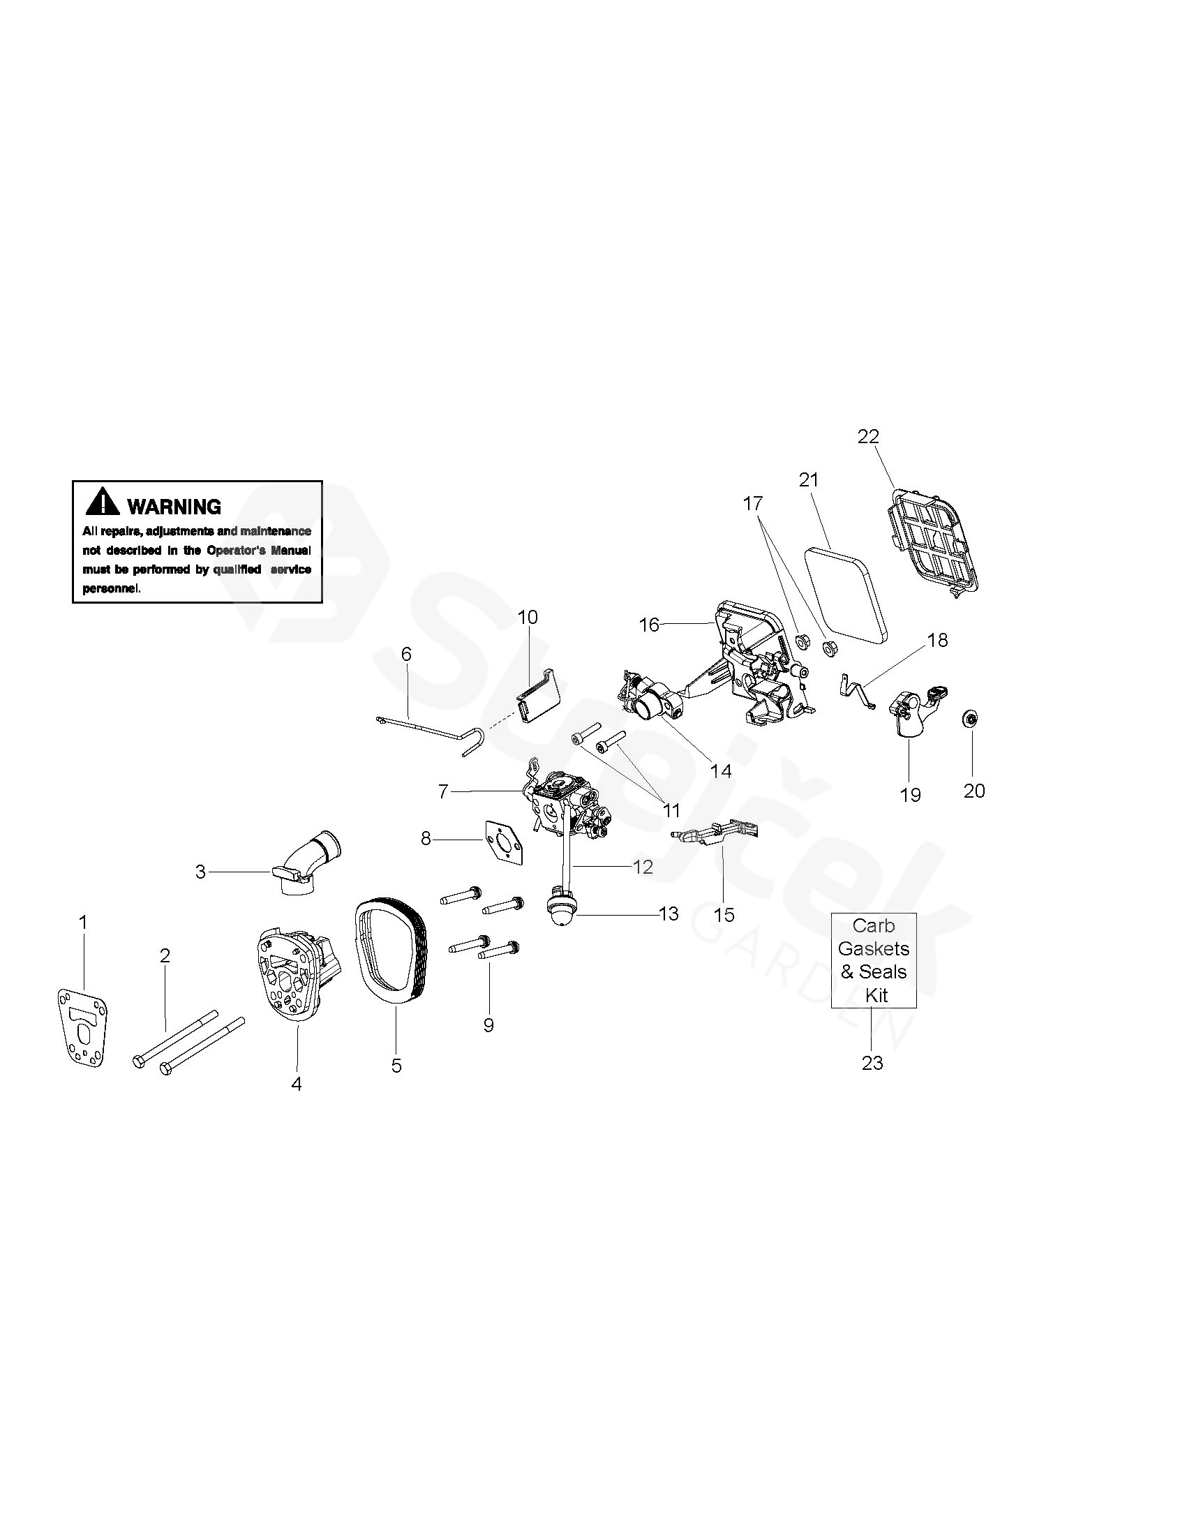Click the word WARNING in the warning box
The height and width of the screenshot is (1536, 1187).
(x=174, y=507)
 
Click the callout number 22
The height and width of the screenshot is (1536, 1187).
(x=869, y=436)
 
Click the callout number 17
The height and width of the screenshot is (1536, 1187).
(x=752, y=504)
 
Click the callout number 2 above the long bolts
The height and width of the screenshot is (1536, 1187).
(x=165, y=955)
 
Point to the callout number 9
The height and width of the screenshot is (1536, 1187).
(x=488, y=1024)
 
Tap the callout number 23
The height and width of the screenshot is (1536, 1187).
(x=872, y=1063)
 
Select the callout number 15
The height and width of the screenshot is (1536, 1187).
(x=724, y=915)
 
